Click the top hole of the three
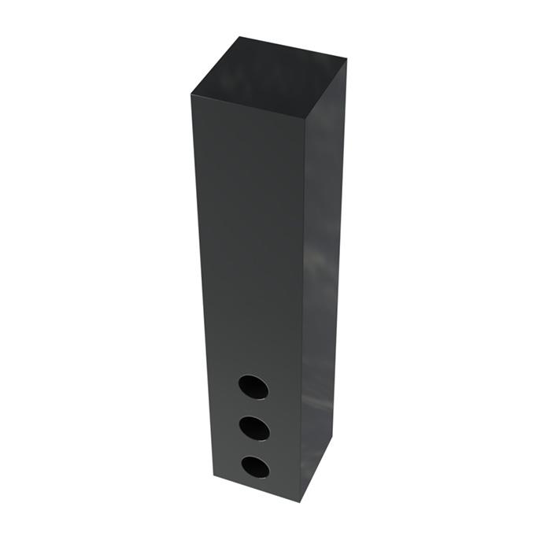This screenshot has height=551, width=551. point(253,386)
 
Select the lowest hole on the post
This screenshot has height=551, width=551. point(254,467)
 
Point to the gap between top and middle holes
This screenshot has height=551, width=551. point(253,407)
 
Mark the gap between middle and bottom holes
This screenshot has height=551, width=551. point(253,448)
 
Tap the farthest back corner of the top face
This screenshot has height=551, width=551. point(238,37)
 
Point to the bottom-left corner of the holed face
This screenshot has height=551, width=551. point(213,477)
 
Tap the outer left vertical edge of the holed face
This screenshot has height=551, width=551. point(200,283)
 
